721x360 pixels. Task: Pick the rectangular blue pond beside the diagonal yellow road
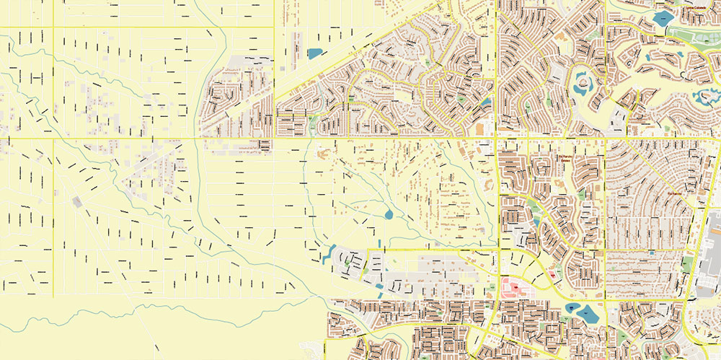314,53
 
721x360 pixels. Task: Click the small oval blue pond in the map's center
389,214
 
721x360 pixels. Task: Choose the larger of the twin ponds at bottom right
589,314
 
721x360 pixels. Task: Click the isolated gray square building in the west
77,201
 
